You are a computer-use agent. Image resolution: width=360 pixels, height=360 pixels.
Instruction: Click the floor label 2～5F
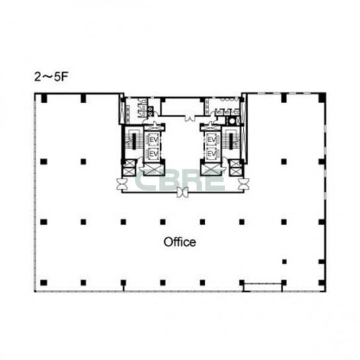point(51,77)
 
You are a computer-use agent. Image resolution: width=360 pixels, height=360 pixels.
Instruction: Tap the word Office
point(180,242)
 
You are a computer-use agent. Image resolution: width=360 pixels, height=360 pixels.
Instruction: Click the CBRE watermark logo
point(180,180)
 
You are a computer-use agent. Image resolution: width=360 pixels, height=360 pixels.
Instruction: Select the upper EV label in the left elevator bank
point(154,140)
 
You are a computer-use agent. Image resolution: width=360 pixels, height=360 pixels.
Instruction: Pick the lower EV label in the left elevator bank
point(154,154)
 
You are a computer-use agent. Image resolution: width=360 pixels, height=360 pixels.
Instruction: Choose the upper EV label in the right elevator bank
point(212,140)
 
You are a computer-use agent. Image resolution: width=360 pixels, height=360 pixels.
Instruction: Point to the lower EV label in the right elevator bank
point(212,154)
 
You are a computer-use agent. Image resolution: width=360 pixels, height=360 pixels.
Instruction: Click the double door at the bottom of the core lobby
point(183,192)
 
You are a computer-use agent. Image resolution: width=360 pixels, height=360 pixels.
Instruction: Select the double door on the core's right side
point(244,184)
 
